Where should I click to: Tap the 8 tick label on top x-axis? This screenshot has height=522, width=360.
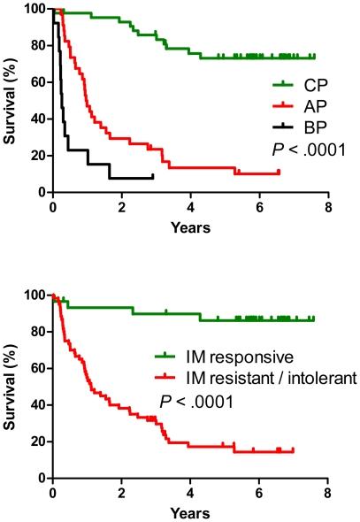327,208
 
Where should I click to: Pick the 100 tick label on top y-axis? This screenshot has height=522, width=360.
33,9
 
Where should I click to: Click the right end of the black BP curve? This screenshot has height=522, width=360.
152,177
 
